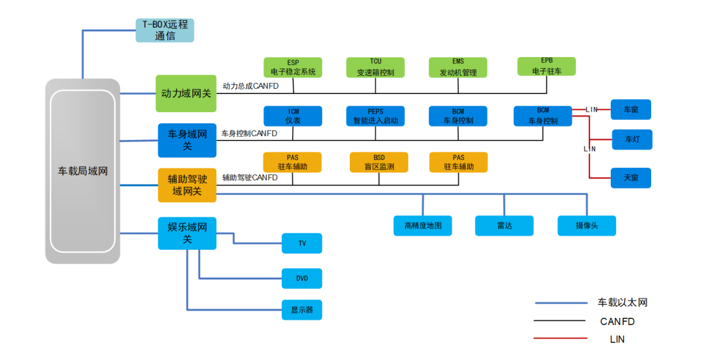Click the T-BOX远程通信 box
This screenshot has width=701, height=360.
(165, 30)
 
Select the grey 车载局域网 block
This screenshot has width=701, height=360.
(82, 171)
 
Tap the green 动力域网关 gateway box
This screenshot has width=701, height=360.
(186, 93)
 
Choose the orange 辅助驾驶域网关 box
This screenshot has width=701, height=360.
(187, 185)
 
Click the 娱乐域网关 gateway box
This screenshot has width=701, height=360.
(187, 233)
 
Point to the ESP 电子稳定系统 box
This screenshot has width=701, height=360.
(293, 67)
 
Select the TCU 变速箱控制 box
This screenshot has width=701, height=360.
(376, 67)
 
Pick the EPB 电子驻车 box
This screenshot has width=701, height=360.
(547, 66)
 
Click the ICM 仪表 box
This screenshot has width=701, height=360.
(293, 116)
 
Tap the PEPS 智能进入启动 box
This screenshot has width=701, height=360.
(375, 116)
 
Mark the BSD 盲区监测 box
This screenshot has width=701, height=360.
(378, 162)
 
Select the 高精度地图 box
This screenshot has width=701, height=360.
(423, 225)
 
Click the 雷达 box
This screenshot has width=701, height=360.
(504, 225)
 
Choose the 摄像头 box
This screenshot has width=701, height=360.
(586, 225)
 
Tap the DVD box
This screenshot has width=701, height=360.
(302, 278)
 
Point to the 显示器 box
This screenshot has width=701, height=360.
(302, 310)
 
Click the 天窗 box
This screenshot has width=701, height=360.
(630, 178)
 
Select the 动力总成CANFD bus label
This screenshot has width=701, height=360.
(250, 86)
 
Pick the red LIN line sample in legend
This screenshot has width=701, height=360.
(559, 338)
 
